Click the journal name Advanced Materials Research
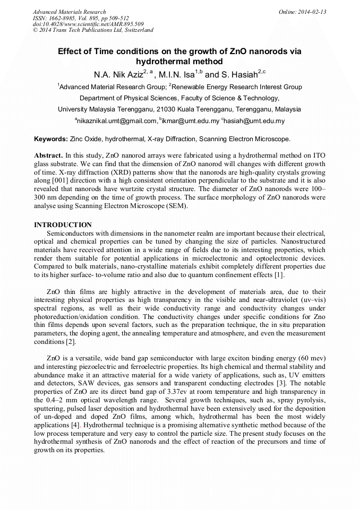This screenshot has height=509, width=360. [x=69, y=12]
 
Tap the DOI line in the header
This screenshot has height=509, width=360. [x=88, y=24]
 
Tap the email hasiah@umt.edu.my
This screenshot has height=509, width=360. [x=255, y=121]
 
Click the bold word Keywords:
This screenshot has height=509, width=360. [x=50, y=139]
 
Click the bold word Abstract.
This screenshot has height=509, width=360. [x=47, y=155]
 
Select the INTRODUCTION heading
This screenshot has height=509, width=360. [x=63, y=225]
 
